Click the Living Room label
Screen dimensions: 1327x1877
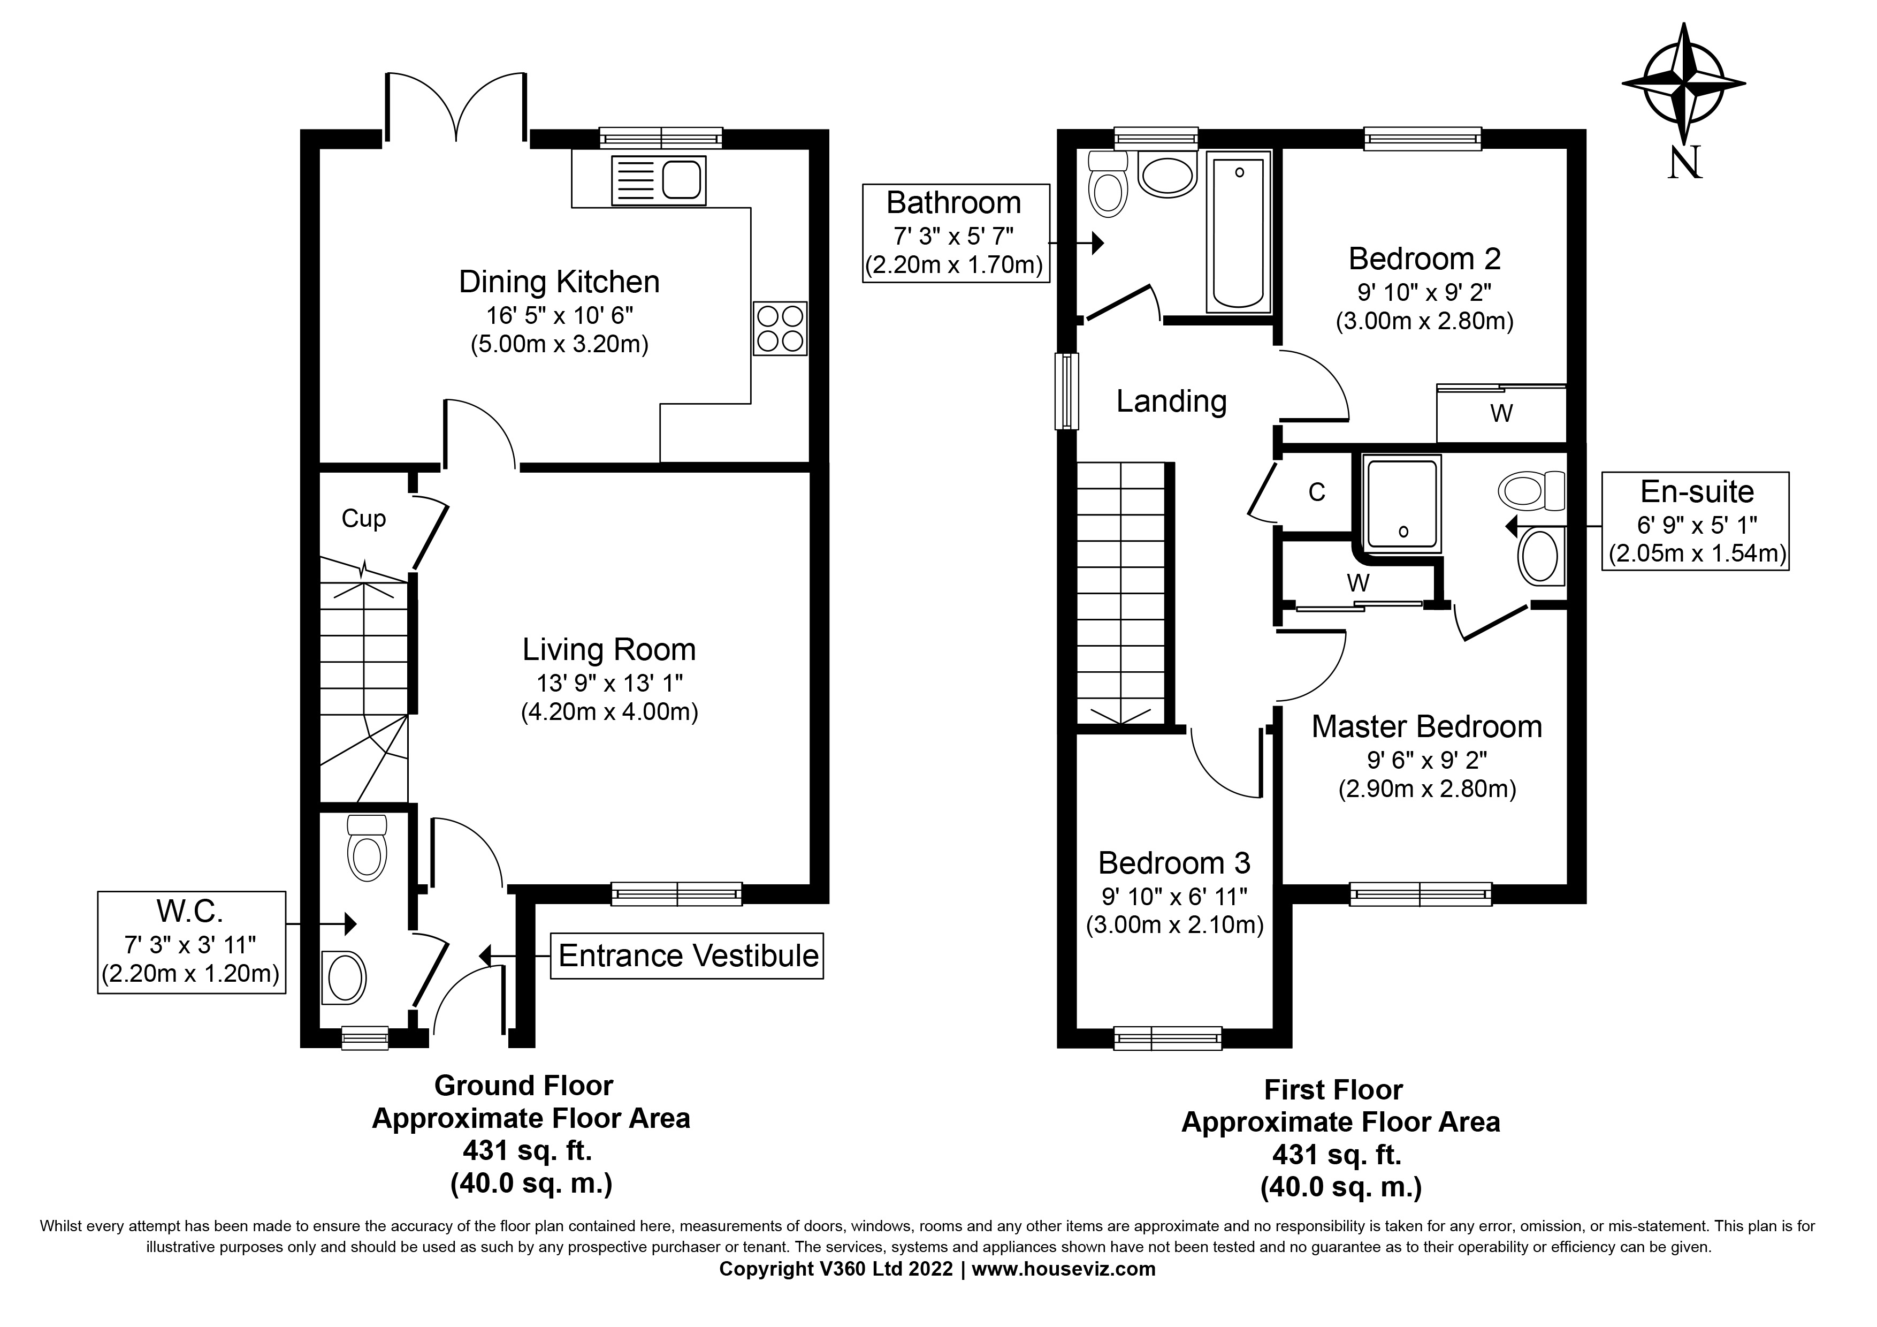tap(609, 650)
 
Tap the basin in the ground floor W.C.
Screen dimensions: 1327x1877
tap(344, 977)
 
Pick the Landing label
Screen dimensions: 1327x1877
tap(1171, 401)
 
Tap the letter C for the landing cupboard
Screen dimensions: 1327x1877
tap(1316, 492)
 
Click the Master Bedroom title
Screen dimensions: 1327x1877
tap(1426, 727)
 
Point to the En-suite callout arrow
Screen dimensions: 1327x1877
tap(1513, 525)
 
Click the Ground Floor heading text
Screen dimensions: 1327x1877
tap(523, 1086)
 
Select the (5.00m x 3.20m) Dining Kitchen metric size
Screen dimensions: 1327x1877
tap(559, 344)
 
